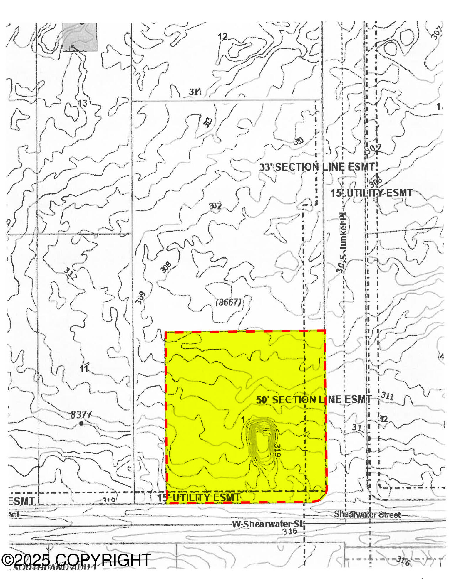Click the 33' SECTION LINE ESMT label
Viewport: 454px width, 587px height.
pyautogui.click(x=317, y=167)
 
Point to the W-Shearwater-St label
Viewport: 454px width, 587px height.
pyautogui.click(x=267, y=524)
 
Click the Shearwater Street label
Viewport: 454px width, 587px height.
pyautogui.click(x=367, y=515)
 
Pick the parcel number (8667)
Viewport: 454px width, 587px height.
pyautogui.click(x=228, y=302)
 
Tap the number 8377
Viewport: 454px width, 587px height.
pyautogui.click(x=81, y=414)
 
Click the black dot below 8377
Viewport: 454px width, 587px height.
pyautogui.click(x=81, y=423)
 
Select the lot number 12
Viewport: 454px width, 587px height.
pyautogui.click(x=222, y=36)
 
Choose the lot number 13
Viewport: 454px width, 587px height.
pyautogui.click(x=83, y=103)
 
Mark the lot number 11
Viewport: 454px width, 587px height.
pyautogui.click(x=84, y=369)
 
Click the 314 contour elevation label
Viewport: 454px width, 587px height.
pyautogui.click(x=195, y=92)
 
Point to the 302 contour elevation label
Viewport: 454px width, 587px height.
pyautogui.click(x=215, y=206)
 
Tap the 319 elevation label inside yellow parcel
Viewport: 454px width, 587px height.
pyautogui.click(x=277, y=451)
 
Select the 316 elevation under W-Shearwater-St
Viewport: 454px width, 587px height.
pyautogui.click(x=289, y=531)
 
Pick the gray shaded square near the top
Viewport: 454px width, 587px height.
pyautogui.click(x=80, y=37)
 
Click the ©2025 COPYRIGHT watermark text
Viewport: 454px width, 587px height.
pyautogui.click(x=76, y=560)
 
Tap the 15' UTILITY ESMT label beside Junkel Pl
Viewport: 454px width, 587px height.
pyautogui.click(x=371, y=193)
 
